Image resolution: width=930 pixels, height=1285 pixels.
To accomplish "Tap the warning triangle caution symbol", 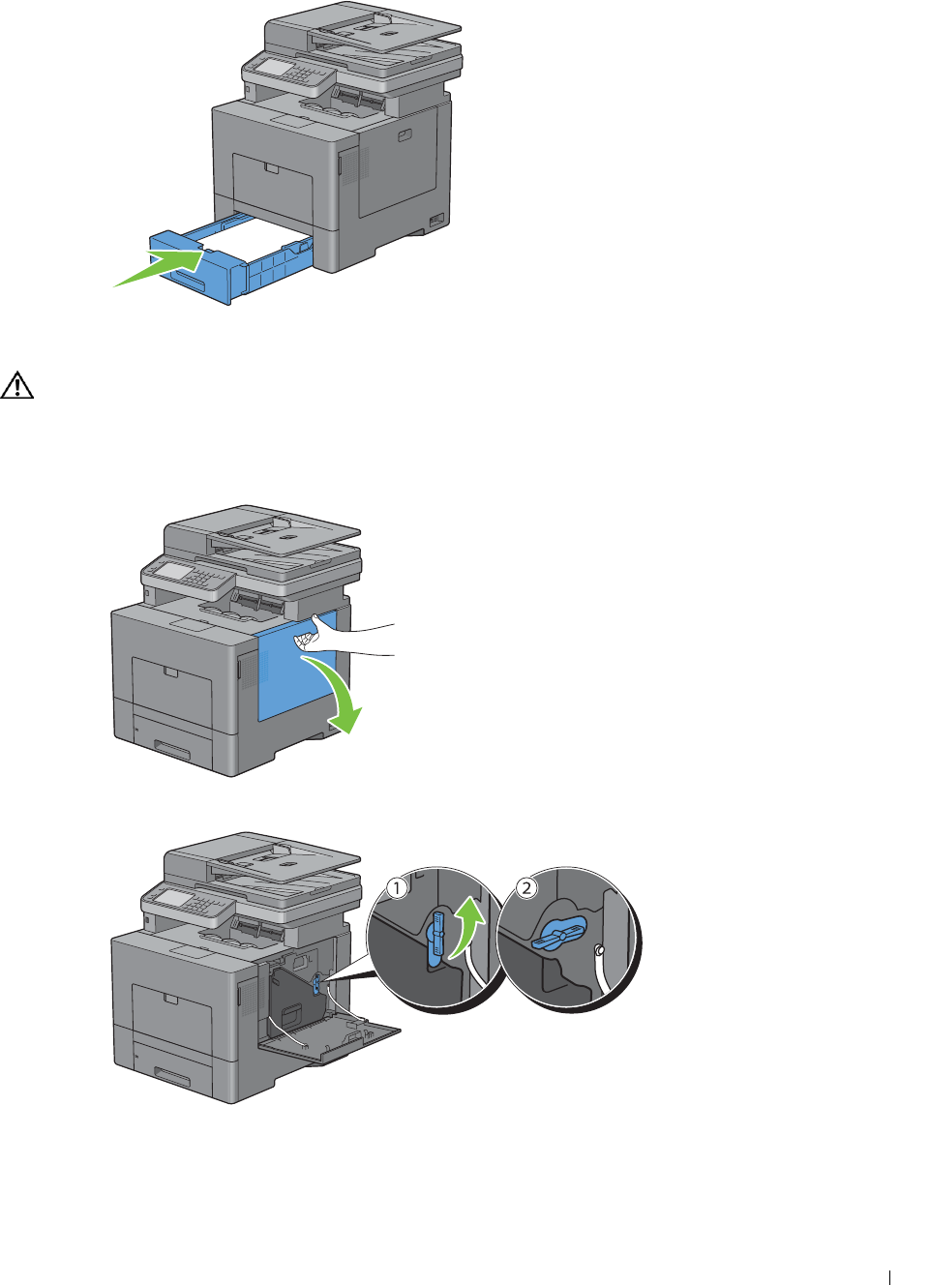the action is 16,385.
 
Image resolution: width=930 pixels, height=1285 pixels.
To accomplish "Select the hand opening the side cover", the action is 339,638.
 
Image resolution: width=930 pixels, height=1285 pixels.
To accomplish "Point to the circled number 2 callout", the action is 526,888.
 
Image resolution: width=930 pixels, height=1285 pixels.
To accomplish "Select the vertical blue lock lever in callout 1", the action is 436,937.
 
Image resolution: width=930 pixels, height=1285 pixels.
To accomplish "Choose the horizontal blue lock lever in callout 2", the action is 558,936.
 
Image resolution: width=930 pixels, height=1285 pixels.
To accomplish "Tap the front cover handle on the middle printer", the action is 171,672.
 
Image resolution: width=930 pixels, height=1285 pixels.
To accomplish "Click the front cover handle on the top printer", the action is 271,168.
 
